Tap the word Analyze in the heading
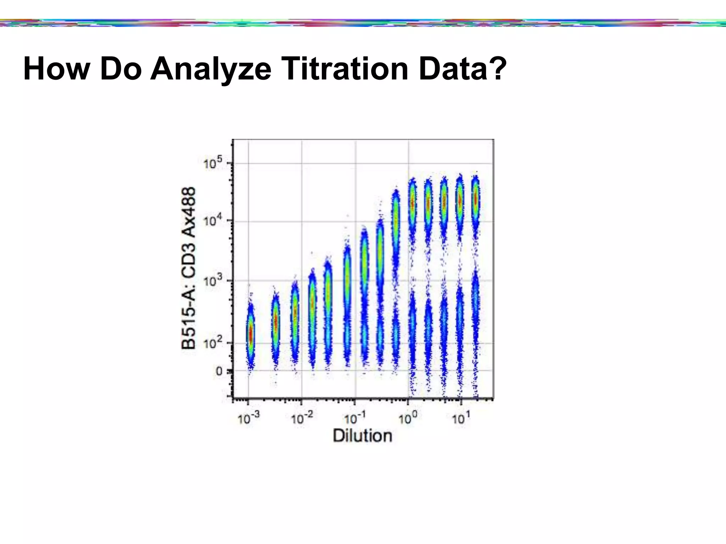[211, 69]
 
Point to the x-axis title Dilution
[362, 436]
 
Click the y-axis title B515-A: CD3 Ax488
[188, 268]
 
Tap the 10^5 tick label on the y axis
[213, 164]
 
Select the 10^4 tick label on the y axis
[213, 221]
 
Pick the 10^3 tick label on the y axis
[213, 281]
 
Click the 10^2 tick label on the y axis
[213, 343]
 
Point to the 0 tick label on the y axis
[219, 371]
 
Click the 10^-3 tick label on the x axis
[248, 418]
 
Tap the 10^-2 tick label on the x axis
[302, 418]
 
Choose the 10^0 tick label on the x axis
[408, 418]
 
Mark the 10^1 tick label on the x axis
[460, 418]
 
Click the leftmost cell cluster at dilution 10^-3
[251, 333]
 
